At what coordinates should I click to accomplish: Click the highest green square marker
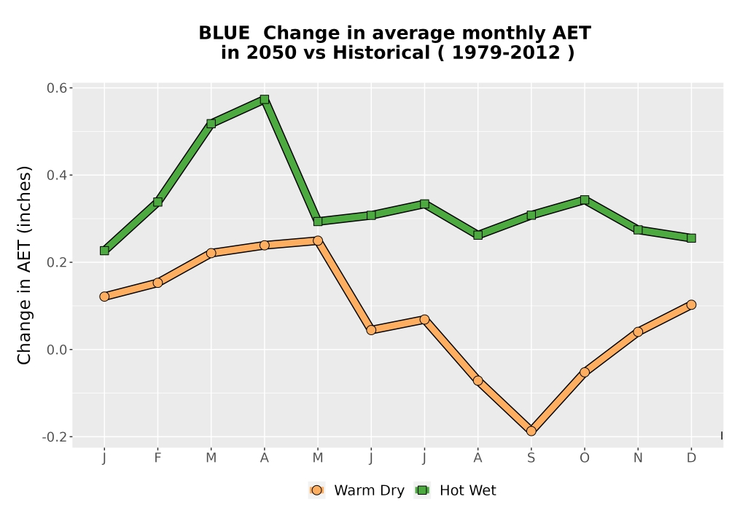tap(265, 99)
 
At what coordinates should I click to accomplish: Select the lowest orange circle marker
tap(531, 431)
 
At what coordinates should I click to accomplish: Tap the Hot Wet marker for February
tap(157, 202)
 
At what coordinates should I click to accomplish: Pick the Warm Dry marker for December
tap(691, 305)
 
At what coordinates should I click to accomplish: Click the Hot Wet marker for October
tap(585, 200)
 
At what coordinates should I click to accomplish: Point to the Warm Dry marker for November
tap(638, 331)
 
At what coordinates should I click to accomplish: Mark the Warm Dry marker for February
tap(157, 283)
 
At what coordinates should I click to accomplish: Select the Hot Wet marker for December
tap(691, 238)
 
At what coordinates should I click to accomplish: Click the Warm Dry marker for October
tap(585, 372)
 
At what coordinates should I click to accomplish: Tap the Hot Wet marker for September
tap(531, 215)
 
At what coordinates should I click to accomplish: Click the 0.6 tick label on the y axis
tap(57, 87)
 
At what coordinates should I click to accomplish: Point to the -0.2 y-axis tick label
tap(55, 437)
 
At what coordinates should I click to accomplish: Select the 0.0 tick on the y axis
tap(57, 350)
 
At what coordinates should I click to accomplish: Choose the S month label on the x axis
tap(531, 458)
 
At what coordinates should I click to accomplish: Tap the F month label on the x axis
tap(157, 458)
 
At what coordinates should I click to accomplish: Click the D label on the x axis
tap(691, 458)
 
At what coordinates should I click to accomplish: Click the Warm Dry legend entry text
tap(369, 490)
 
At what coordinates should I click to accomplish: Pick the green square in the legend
tap(422, 490)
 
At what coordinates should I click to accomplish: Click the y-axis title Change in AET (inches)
tap(24, 265)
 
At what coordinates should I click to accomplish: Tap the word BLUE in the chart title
tap(224, 33)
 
